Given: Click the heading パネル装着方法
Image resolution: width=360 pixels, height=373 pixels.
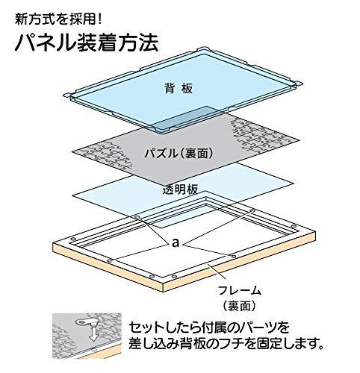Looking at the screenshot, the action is [x=87, y=43].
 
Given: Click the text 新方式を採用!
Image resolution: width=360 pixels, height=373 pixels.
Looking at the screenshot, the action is [x=58, y=19].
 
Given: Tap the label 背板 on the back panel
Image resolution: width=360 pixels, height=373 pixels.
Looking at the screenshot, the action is [x=179, y=88].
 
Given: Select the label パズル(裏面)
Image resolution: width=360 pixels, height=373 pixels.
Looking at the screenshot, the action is [x=179, y=153].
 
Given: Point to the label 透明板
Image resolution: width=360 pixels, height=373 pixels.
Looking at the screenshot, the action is [x=180, y=189].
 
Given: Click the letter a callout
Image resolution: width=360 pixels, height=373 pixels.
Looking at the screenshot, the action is [x=176, y=243].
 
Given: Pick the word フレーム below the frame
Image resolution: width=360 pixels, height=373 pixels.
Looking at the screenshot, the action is [x=240, y=290].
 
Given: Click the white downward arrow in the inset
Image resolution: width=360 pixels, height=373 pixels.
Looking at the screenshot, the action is [x=93, y=333].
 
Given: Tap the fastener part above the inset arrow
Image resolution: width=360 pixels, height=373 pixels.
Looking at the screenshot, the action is [x=85, y=323].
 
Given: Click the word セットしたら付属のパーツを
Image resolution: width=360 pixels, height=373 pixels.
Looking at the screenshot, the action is [x=209, y=327].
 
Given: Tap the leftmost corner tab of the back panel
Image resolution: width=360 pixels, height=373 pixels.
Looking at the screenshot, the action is [x=68, y=95].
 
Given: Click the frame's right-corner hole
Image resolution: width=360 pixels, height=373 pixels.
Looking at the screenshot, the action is [x=294, y=227].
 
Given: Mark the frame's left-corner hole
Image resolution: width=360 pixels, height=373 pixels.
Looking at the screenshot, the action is [x=72, y=239].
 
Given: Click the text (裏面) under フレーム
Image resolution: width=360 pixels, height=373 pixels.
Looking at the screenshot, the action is [x=239, y=306].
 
